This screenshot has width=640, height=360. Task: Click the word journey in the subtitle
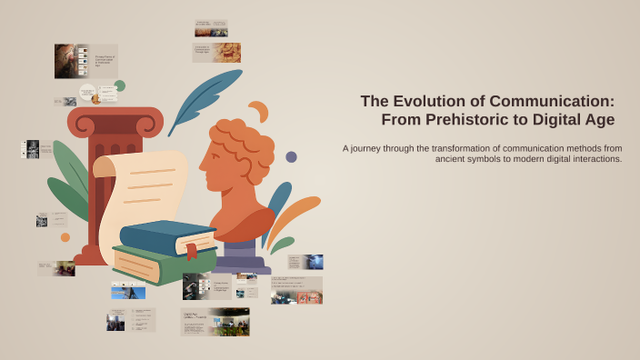(x=370, y=147)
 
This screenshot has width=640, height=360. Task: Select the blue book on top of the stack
(x=164, y=235)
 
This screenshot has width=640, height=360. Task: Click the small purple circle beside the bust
(x=291, y=156)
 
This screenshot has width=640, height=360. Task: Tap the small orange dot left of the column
(x=65, y=237)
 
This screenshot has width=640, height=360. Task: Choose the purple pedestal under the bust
(x=241, y=255)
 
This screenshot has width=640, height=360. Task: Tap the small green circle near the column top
(x=119, y=85)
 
